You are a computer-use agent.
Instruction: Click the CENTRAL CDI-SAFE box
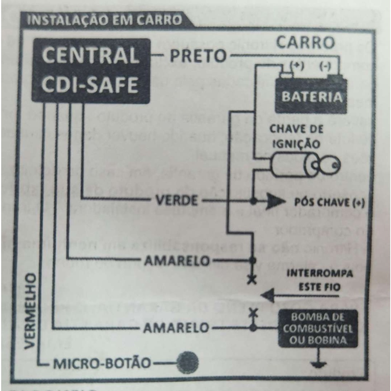pyautogui.click(x=90, y=71)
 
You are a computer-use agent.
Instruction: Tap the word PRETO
pyautogui.click(x=198, y=56)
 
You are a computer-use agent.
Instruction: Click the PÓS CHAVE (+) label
pyautogui.click(x=330, y=202)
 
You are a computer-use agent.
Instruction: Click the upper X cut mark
pyautogui.click(x=252, y=280)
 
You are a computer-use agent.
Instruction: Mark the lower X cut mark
pyautogui.click(x=252, y=313)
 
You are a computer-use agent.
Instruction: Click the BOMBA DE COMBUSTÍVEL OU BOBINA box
pyautogui.click(x=318, y=328)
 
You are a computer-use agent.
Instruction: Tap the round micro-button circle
pyautogui.click(x=188, y=362)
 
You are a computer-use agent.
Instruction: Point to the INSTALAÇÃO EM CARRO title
pyautogui.click(x=104, y=20)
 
